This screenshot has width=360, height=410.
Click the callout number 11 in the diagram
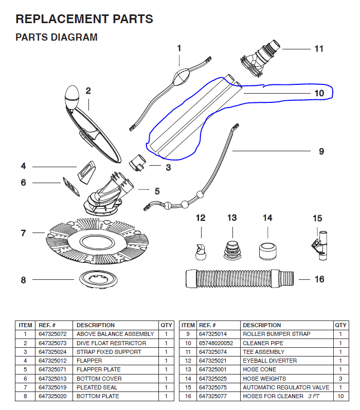[x=319, y=49]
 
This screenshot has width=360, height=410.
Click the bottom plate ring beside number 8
[x=93, y=280]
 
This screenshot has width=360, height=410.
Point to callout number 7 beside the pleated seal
[x=23, y=233]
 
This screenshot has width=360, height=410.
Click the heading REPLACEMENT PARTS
[x=84, y=20]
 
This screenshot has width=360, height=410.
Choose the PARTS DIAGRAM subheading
[x=57, y=38]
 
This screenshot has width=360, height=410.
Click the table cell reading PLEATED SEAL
[x=98, y=387]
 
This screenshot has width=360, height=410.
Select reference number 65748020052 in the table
[x=216, y=343]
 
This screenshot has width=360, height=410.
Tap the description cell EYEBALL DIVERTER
[x=269, y=361]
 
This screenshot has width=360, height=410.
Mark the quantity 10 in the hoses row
[x=340, y=396]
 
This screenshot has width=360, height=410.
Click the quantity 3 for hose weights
[x=340, y=379]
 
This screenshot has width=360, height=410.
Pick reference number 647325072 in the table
[x=52, y=334]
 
